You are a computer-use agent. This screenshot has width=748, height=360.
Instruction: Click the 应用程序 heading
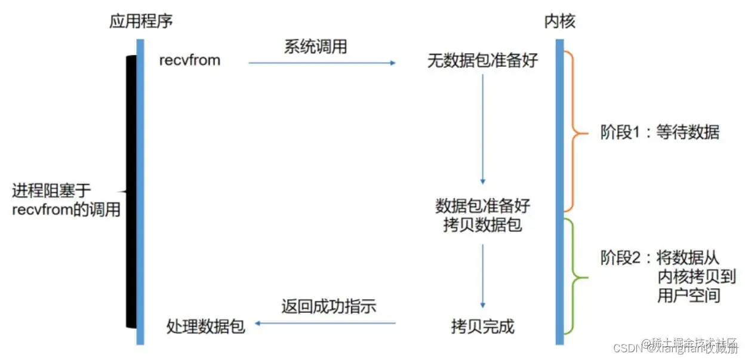tap(141, 22)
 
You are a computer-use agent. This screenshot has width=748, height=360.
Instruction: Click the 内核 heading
tap(559, 22)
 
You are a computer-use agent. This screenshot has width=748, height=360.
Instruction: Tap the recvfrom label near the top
tap(190, 60)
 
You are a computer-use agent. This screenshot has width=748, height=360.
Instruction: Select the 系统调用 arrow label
tap(315, 47)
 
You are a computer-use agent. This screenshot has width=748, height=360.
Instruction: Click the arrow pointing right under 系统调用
tap(322, 62)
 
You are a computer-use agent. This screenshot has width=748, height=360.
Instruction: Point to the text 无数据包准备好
tap(483, 60)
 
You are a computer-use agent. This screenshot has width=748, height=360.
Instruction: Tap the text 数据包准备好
tap(483, 206)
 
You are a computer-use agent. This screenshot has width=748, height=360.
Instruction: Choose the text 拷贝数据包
tap(483, 225)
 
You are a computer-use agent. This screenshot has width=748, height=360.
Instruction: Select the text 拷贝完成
tap(483, 327)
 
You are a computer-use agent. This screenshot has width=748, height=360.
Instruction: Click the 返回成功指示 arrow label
tap(329, 307)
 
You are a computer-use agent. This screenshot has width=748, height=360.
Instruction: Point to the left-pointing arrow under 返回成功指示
tap(326, 323)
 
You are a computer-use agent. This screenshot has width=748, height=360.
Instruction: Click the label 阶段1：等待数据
tap(660, 132)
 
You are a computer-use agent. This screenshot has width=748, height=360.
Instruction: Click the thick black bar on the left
tap(130, 191)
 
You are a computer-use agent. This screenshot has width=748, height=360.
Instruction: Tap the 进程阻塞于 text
tap(51, 191)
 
